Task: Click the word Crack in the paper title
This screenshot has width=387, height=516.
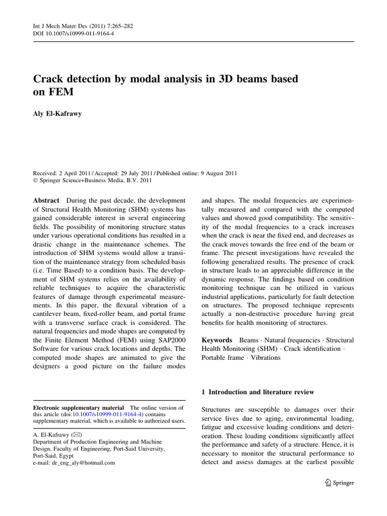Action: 49,79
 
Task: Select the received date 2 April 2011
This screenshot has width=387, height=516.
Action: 80,173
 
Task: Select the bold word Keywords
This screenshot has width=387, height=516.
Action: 217,341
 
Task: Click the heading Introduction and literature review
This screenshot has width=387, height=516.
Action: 261,392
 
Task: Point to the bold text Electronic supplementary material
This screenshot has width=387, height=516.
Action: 78,408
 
